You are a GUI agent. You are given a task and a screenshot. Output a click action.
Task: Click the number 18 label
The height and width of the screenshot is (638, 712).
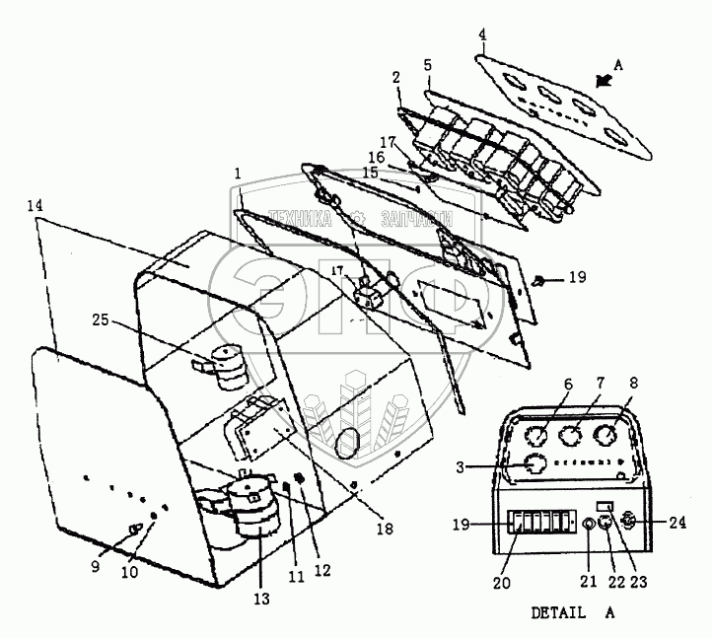(x=384, y=529)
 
